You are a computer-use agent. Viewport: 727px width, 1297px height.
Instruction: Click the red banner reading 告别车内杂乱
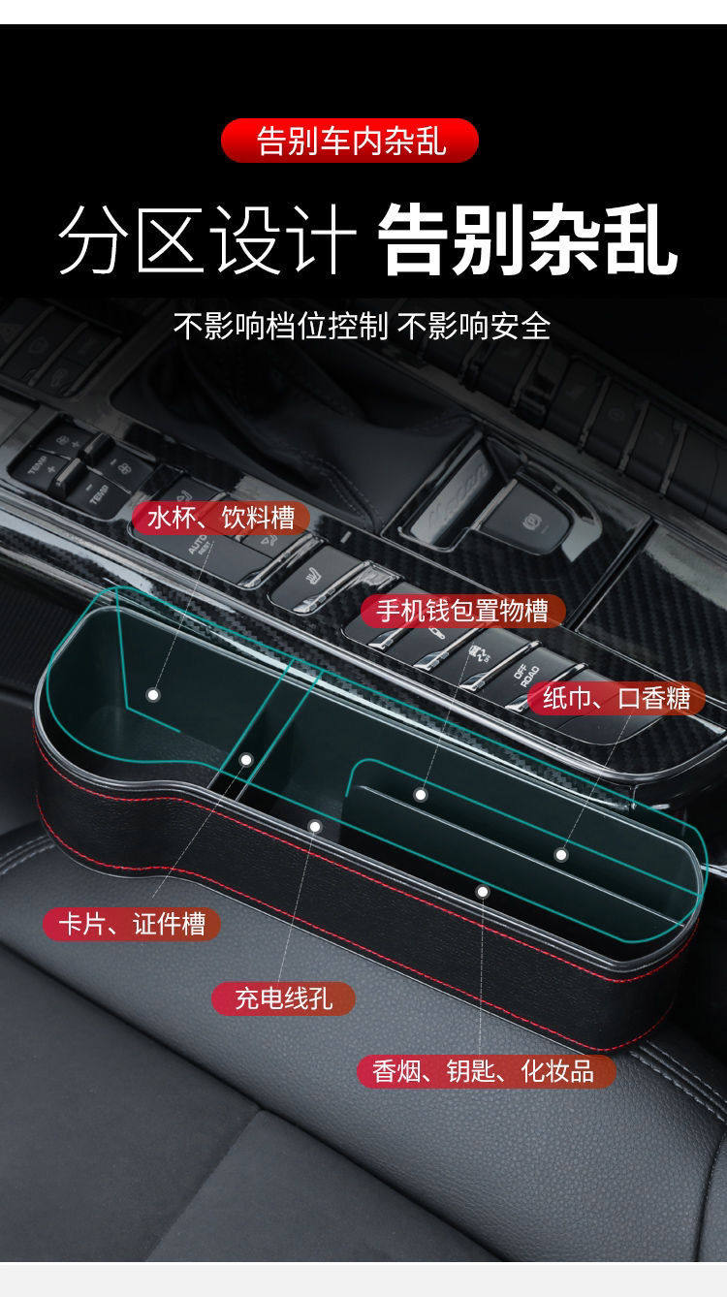(x=350, y=141)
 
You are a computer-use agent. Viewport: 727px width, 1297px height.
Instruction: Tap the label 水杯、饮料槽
(x=221, y=518)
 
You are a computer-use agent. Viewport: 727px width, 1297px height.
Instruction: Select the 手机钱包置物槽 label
(x=462, y=611)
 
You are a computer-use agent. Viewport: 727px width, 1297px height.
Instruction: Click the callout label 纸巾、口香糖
(x=616, y=698)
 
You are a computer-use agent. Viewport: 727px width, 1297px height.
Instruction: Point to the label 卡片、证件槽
(x=132, y=924)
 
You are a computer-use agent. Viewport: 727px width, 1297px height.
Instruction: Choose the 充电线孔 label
(x=283, y=998)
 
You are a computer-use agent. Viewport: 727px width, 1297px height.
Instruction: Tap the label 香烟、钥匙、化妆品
(x=487, y=1071)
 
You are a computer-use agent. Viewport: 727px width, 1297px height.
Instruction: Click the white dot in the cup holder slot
(x=152, y=695)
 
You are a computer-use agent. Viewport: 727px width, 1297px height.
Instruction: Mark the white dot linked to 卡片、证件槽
(x=246, y=760)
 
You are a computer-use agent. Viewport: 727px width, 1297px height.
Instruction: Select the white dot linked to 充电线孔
(x=314, y=826)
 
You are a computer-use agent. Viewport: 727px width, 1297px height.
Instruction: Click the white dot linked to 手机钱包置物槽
(x=421, y=795)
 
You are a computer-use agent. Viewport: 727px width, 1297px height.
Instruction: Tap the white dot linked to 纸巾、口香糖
(x=560, y=854)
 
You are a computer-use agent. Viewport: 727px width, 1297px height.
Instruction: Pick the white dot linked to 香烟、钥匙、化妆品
(x=482, y=891)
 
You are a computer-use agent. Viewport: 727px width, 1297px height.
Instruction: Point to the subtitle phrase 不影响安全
(x=474, y=327)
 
